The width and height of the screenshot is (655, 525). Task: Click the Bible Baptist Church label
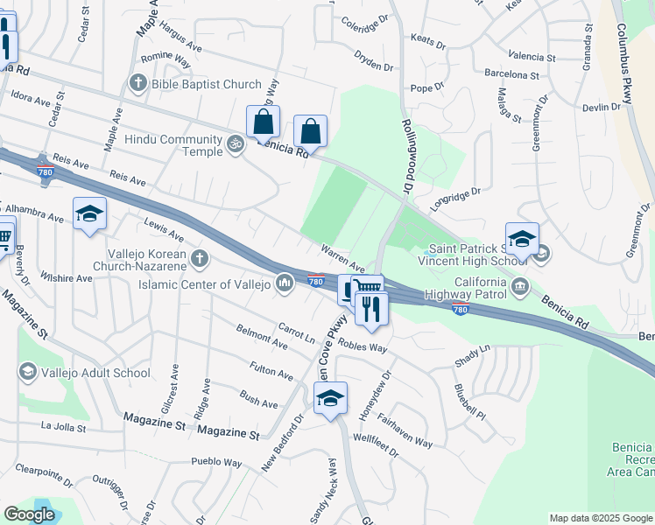coord(206,84)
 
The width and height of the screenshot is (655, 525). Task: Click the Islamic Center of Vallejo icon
coord(285,283)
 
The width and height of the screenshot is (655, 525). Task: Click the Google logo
coord(30,514)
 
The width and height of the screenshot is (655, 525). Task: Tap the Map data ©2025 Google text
coord(600,518)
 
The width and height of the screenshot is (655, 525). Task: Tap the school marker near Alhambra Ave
coord(89,214)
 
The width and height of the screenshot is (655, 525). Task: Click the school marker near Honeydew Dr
coord(330,398)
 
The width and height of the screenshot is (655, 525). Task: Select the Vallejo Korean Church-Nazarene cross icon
coord(200,258)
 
